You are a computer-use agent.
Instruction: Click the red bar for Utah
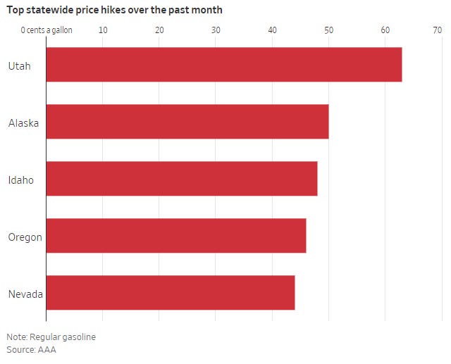coord(223,65)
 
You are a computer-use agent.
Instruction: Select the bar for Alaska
coord(187,122)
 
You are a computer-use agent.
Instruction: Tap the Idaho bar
coord(181,179)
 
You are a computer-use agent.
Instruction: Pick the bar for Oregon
coord(175,236)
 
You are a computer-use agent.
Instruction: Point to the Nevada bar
coord(170,293)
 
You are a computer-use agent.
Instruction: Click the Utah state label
coord(19,66)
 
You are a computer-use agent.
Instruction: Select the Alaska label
coord(23,123)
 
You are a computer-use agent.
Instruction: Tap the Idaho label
coord(21,180)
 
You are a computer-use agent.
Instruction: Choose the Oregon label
coord(25,237)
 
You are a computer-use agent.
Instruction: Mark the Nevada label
coord(25,294)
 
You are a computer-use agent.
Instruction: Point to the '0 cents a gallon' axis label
coord(47,30)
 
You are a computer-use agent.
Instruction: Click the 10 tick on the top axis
coord(103,30)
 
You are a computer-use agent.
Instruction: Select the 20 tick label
coord(159,30)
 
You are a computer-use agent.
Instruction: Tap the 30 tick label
coord(216,30)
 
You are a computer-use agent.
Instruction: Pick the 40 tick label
coord(272,30)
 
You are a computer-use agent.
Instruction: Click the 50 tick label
coord(328,30)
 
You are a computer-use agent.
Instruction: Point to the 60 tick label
coord(385,30)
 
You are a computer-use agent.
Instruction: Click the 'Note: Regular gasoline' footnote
coord(51,337)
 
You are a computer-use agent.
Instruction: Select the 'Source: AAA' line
coord(31,349)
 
